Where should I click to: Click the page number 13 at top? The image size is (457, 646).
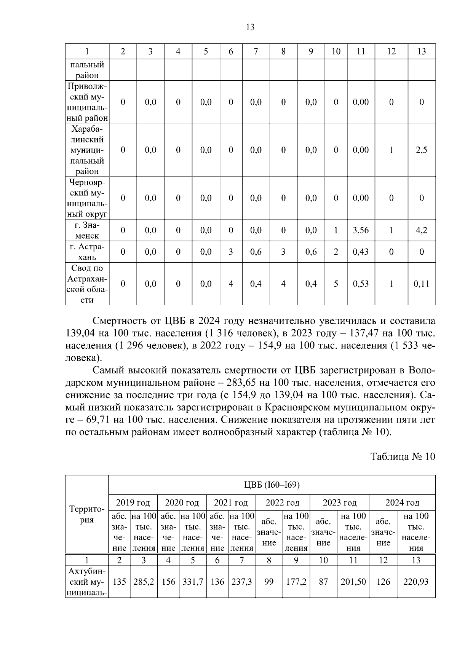tap(250, 27)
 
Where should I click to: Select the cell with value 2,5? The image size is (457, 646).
tap(422, 150)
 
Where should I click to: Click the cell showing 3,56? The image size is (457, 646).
tap(361, 230)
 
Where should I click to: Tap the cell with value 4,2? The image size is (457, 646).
tap(422, 230)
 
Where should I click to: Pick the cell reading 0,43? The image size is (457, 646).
tap(361, 252)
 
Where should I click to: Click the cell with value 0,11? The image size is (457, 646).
tap(422, 284)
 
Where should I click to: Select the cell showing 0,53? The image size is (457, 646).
tap(361, 284)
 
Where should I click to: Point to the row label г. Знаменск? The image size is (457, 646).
tap(87, 230)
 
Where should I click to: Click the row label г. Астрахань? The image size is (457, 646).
tap(87, 252)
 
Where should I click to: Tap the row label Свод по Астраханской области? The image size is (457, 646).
tap(87, 284)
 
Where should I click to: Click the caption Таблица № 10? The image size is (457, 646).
tap(403, 457)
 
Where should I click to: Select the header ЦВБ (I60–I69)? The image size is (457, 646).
tap(272, 485)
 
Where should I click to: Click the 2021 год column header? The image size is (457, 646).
tap(231, 503)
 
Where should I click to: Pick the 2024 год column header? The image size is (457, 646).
tap(402, 503)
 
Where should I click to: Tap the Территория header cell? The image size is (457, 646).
tap(87, 514)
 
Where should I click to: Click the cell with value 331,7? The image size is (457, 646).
tap(193, 582)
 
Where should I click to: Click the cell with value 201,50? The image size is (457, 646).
tap(353, 582)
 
